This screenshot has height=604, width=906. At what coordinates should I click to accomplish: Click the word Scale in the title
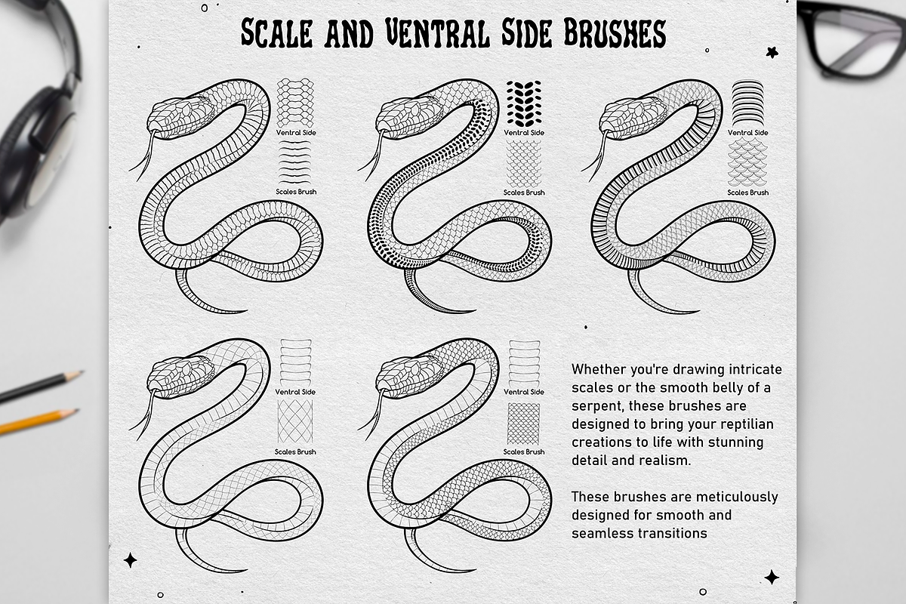point(278,33)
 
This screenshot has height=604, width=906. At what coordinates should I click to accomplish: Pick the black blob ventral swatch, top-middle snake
point(522,102)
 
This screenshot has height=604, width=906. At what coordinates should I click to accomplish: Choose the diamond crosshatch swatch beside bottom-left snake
point(295,421)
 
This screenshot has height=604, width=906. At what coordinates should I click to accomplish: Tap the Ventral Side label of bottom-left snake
point(295,392)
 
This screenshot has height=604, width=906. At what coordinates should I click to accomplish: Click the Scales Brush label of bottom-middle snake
point(524,451)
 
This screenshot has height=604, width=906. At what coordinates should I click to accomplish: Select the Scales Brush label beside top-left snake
point(295,192)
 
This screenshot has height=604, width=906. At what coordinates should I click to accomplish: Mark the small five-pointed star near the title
point(772,51)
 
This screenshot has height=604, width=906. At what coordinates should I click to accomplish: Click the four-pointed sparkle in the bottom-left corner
point(131,560)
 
